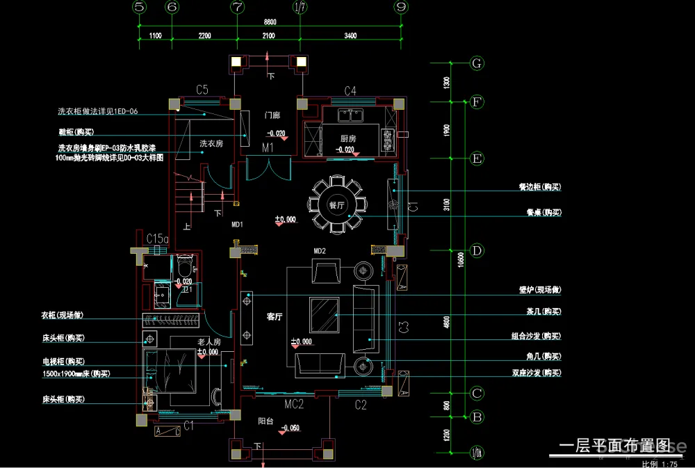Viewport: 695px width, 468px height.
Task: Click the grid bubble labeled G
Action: (x=477, y=63)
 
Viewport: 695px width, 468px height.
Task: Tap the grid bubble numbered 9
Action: (x=401, y=7)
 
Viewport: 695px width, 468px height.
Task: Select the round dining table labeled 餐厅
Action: (x=336, y=205)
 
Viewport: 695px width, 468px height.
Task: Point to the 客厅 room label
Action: (x=275, y=317)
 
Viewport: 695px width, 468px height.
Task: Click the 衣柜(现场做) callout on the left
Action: (x=62, y=315)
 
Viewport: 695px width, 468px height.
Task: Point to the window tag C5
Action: (x=202, y=90)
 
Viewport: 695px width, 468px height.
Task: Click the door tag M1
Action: (x=268, y=148)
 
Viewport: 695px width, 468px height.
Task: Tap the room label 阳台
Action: (x=265, y=421)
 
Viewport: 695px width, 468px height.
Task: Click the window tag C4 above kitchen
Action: (x=350, y=91)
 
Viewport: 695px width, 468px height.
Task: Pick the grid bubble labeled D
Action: (x=477, y=250)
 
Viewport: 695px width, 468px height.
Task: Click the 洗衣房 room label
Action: (x=211, y=143)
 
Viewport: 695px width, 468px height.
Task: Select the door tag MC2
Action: (x=295, y=403)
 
